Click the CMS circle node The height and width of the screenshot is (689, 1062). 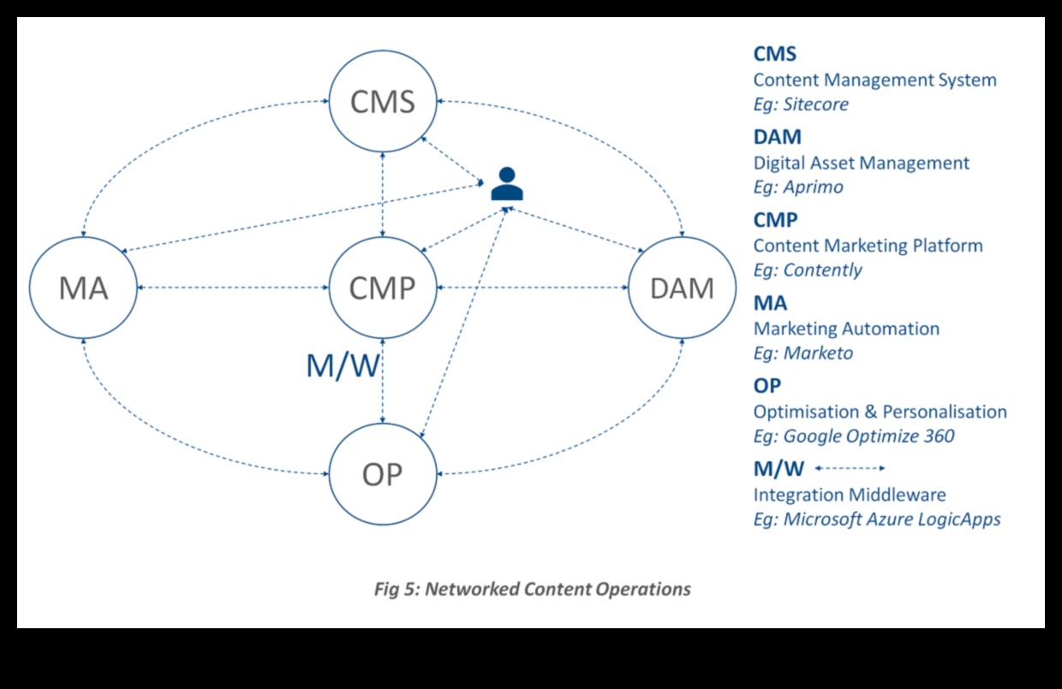pos(383,102)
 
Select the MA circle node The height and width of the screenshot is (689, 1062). pos(83,288)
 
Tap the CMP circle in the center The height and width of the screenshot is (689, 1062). pos(383,288)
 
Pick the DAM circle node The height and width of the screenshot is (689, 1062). pos(682,288)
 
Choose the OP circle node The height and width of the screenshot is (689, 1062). pos(383,474)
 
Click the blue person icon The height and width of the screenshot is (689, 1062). pos(507,184)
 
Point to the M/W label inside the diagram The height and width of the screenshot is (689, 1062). pos(343,366)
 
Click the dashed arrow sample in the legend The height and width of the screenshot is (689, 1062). pos(850,468)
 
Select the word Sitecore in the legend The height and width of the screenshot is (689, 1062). pos(816,104)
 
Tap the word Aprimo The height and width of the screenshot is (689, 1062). pos(813,187)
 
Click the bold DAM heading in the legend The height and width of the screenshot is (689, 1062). pos(777,137)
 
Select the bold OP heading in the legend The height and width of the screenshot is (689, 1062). pos(767,386)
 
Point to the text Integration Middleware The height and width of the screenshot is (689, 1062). pos(850,495)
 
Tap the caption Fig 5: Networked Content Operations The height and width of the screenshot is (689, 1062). pos(532,589)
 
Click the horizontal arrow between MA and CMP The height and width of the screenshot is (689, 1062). pos(233,288)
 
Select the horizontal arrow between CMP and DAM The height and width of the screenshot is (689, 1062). pos(532,288)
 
